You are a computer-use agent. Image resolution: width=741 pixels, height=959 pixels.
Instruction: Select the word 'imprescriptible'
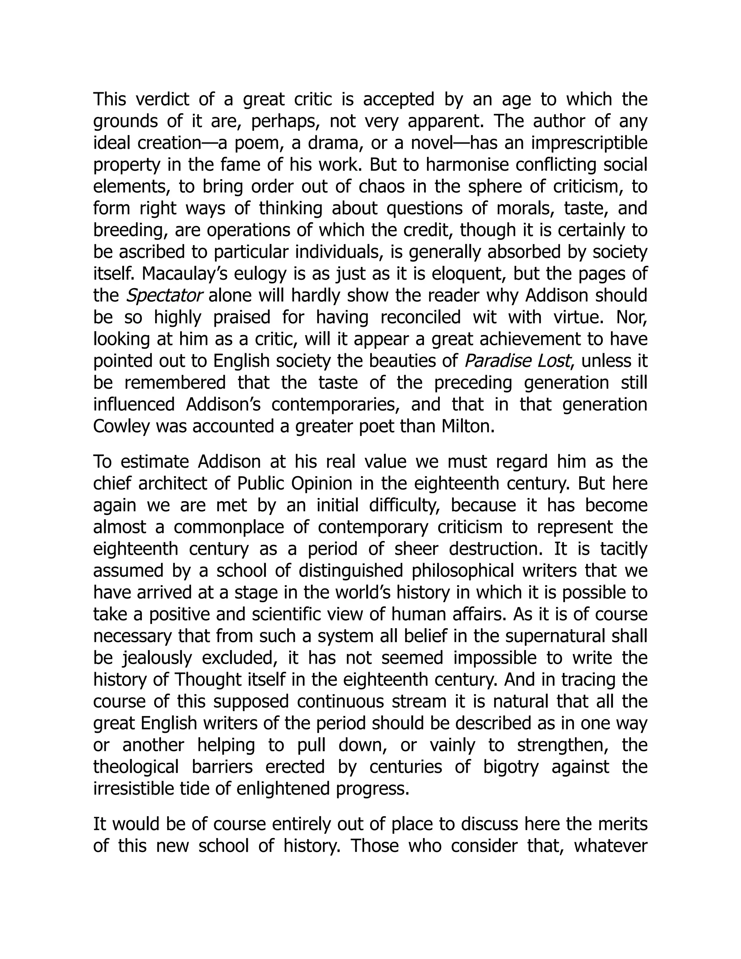[589, 143]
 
